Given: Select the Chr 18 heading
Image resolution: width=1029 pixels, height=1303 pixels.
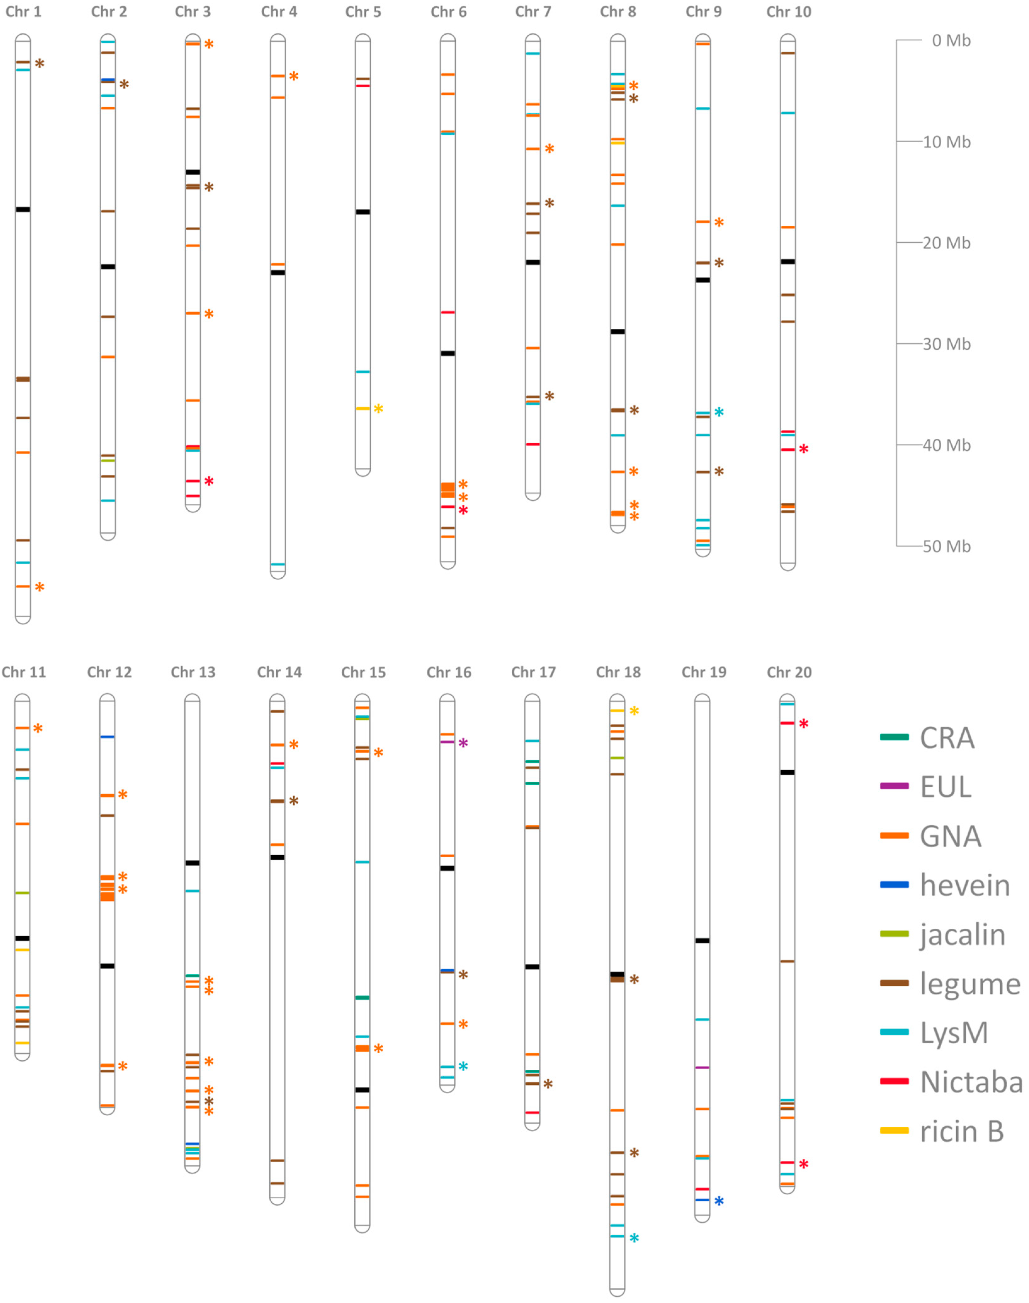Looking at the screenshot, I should click(x=618, y=672).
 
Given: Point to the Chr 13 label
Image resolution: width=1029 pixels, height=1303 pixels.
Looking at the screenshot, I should click(x=193, y=672).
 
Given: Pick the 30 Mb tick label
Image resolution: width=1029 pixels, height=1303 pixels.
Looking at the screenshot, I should click(x=947, y=344).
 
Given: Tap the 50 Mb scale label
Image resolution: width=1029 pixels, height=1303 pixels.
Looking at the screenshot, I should click(x=947, y=547).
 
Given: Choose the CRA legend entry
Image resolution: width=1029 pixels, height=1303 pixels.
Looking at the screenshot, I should click(x=947, y=738).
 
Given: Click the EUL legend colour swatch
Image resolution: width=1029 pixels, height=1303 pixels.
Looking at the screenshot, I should click(x=894, y=786).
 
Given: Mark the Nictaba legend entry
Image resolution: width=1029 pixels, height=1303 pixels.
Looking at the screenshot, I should click(x=971, y=1082).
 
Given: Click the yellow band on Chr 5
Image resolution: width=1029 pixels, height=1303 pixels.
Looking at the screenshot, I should click(x=363, y=409).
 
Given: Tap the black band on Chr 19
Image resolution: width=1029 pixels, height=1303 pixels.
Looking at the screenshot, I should click(x=702, y=941).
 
